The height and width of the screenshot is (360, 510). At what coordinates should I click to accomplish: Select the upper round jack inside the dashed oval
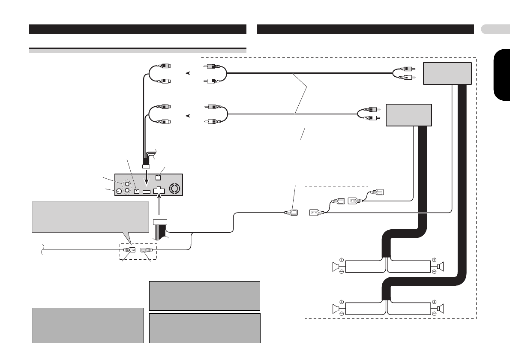[x=127, y=183]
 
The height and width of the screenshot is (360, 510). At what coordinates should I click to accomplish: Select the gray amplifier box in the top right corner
[x=447, y=74]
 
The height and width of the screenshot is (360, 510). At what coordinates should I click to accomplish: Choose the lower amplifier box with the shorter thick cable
[x=408, y=114]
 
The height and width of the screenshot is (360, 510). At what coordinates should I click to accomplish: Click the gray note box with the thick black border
[x=204, y=296]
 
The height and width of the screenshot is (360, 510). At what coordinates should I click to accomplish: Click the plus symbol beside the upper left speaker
[x=342, y=260]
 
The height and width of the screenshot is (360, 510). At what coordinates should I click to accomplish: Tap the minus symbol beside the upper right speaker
[x=434, y=272]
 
